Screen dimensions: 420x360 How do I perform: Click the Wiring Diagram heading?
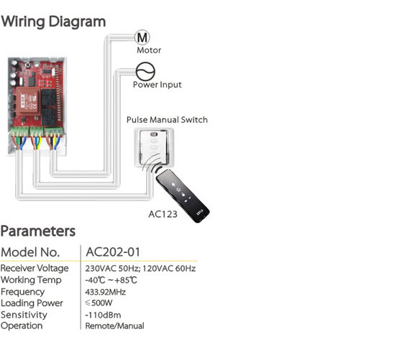point(53,22)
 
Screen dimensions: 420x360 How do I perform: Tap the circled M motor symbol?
point(142,37)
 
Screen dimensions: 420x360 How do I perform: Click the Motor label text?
point(149,50)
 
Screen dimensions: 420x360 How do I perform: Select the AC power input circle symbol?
point(145,71)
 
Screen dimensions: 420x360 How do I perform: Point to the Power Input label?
point(157,85)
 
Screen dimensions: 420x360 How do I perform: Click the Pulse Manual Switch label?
point(167,120)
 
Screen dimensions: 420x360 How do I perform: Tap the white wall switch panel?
point(154,147)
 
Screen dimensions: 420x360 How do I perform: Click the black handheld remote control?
point(183,196)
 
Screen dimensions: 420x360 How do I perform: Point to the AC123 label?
point(163,214)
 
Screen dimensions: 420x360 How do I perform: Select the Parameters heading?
point(38,231)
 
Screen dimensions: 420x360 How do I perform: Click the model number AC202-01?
point(113,252)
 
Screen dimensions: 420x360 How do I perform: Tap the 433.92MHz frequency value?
point(105,292)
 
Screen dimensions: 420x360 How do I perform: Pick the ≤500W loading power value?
point(99,303)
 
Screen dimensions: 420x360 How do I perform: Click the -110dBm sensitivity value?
point(103,315)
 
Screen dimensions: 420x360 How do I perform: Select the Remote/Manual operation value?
point(114,326)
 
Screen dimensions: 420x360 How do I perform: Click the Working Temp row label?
point(31,280)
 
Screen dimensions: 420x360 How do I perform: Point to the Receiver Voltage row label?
point(35,268)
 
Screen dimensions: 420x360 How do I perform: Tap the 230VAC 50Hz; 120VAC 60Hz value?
point(140,269)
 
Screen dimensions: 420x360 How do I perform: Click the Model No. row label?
point(30,252)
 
